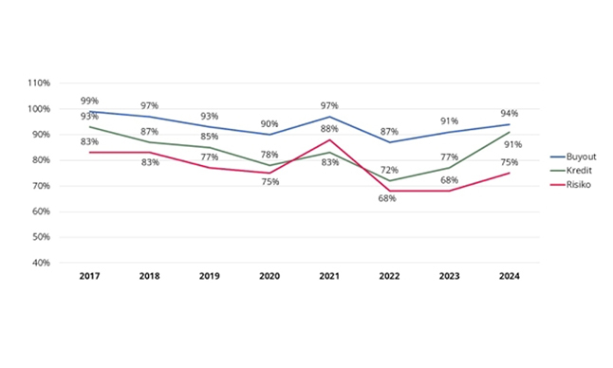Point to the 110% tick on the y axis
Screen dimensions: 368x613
coord(39,83)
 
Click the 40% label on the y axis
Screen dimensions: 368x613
coord(41,263)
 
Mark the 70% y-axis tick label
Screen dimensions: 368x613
coord(41,186)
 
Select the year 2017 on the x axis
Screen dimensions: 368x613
coord(90,276)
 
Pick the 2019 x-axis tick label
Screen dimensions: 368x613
coord(211,276)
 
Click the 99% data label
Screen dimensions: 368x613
coord(90,100)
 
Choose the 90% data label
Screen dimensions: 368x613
coord(270,123)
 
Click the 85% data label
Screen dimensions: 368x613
coord(211,136)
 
